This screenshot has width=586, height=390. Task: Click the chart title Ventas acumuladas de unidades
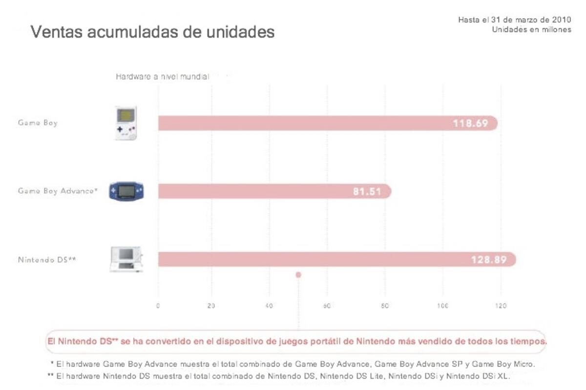152,32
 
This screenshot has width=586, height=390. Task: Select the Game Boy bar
328,123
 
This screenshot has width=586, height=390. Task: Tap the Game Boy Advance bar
274,191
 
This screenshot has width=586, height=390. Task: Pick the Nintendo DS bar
337,259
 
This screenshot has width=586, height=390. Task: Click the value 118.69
470,123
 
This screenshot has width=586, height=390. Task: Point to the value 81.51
367,191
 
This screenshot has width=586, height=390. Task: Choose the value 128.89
489,260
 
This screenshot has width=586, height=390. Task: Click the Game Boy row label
38,123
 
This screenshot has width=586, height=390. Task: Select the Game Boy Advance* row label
58,191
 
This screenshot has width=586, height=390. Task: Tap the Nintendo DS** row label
47,260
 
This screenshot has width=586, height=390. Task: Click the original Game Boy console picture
126,123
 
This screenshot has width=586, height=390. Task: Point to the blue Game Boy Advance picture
126,191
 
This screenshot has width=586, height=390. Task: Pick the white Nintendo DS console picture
126,259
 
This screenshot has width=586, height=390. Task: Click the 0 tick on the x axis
158,306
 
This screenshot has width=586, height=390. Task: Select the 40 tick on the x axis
269,306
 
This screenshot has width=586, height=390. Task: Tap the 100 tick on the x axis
442,306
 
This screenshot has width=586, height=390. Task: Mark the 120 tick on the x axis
501,306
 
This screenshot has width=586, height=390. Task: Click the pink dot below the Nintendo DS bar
298,275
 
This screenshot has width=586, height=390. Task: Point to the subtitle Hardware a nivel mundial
163,77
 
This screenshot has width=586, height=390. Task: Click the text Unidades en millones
532,30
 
